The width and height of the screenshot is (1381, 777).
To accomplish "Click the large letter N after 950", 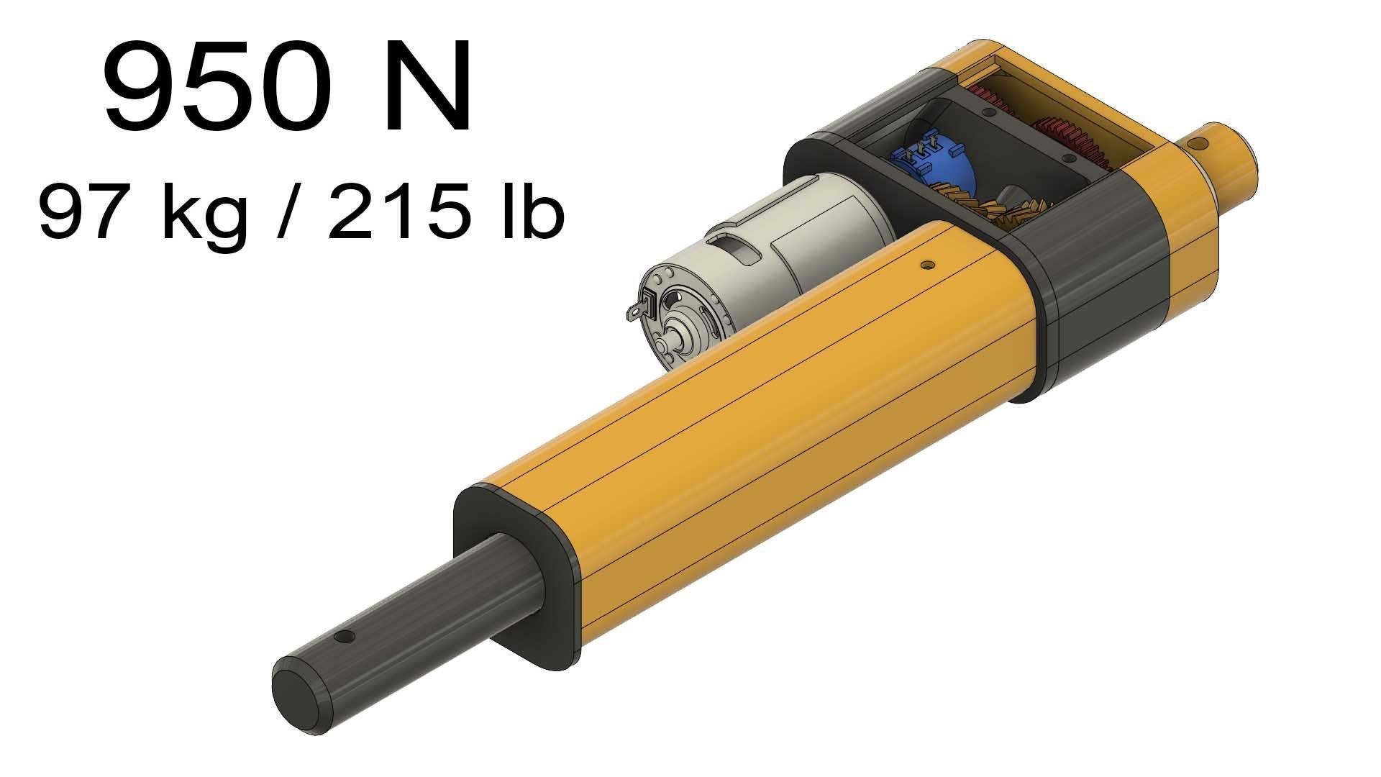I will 429,88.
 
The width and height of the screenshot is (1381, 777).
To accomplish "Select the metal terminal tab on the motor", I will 637,312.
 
